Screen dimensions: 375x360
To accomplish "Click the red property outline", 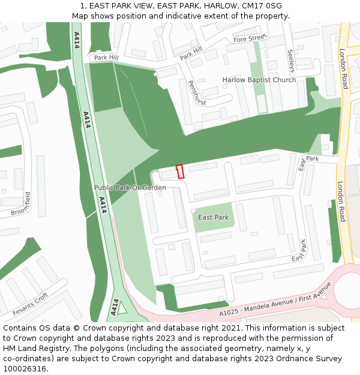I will point(179,172).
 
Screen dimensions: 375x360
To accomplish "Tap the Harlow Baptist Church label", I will point(259,80).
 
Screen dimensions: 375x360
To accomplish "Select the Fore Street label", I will point(250,38).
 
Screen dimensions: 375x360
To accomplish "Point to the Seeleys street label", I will point(291,61).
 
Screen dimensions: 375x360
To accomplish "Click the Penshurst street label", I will point(197,93).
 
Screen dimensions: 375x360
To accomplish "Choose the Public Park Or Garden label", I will point(130,188).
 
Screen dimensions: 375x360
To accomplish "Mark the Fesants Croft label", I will point(30,305).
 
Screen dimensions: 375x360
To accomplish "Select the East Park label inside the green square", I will point(213,217).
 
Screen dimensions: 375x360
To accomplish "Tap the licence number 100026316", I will point(25,369).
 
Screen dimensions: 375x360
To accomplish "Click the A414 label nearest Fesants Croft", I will point(115,306).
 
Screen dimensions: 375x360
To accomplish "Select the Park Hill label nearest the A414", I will point(106,58).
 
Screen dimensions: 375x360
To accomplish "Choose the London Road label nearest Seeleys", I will point(343,69).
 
